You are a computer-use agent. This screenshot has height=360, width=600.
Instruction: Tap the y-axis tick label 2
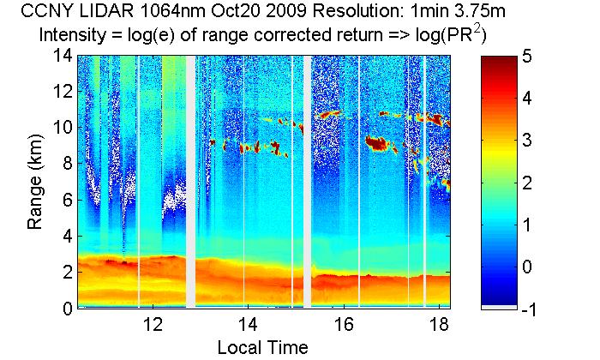pos(64,273)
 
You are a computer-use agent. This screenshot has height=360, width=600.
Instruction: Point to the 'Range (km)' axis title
pos(36,182)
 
